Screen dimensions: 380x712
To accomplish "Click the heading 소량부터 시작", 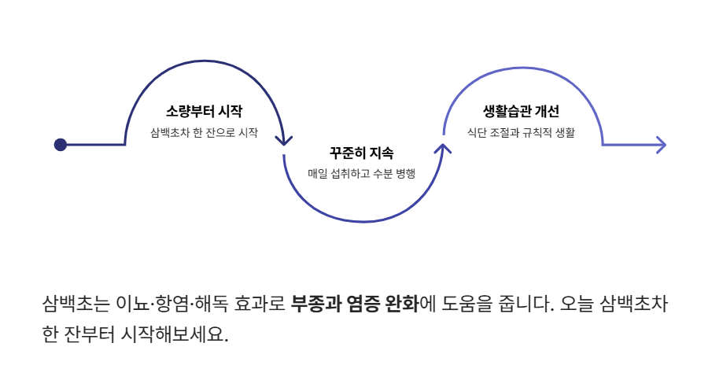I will pos(204,111).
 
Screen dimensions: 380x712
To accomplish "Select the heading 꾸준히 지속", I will pos(362,152).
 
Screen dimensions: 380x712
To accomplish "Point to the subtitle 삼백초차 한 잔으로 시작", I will pos(204,133).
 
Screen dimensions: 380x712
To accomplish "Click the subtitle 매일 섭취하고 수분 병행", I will pos(362,173).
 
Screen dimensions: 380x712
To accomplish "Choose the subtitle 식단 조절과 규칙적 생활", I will pos(521,133).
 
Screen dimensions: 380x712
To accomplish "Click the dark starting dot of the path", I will pos(61,145).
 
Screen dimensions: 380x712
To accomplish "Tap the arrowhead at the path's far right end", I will pos(660,145).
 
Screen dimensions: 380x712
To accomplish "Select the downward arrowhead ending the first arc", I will pos(284,140).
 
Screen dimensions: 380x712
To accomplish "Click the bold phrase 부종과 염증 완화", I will pos(354,304).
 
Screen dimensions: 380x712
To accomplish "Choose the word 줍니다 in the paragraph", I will pos(531,304).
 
